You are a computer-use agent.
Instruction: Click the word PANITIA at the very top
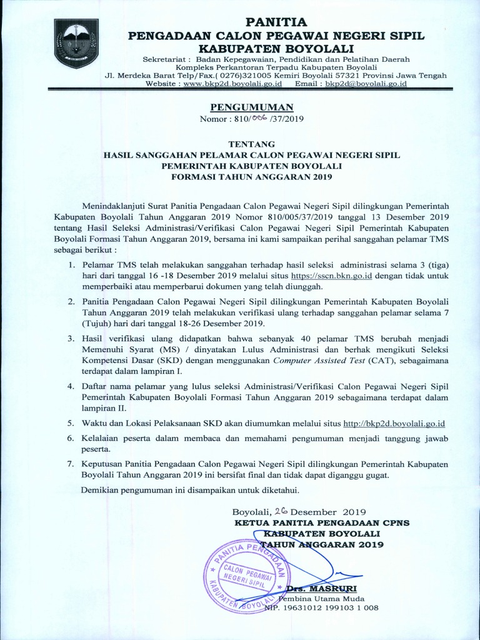276,22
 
